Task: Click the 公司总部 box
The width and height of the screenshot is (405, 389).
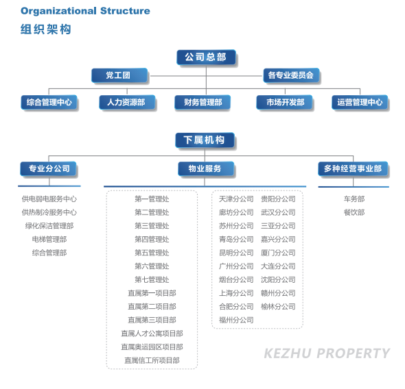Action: pos(206,58)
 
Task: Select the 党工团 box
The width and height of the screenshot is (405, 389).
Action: pos(119,75)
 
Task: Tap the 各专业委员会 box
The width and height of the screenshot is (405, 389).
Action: pos(291,75)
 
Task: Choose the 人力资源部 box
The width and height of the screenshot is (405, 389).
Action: pos(127,102)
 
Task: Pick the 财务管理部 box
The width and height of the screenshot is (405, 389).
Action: pos(202,102)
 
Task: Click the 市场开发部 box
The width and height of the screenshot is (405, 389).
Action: pos(284,102)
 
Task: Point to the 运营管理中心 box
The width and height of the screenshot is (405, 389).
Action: pos(360,102)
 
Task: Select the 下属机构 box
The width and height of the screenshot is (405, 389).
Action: pos(205,140)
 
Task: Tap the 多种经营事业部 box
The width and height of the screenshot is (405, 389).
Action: pos(353,168)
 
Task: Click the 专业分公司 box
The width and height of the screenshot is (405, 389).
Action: pos(48,168)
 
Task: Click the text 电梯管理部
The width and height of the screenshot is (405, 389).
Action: pos(49,239)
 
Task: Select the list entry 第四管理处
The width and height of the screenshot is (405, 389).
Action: pos(152,239)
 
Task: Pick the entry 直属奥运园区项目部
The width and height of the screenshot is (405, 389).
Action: pos(152,347)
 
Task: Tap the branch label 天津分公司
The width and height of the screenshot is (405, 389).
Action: pos(236,199)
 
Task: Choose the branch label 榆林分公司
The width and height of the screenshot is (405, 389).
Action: pos(278,307)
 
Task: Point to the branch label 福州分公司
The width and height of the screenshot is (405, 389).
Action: pos(236,320)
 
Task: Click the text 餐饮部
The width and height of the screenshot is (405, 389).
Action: pos(354,212)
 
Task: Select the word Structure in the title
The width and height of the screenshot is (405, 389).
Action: pos(125,11)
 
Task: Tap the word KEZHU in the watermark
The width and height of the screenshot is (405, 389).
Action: pos(288,353)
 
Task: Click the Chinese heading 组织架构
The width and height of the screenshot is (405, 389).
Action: pos(46,29)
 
